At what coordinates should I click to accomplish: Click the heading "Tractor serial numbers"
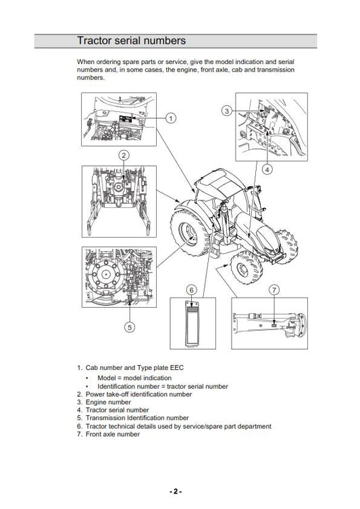pos(131,41)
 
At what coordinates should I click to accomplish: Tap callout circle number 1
pos(171,118)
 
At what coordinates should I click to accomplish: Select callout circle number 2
pos(124,155)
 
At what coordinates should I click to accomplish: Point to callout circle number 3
pos(227,111)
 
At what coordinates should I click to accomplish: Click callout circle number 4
pos(267,169)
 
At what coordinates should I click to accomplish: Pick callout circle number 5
pos(130,327)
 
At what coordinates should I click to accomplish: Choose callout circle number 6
pos(192,290)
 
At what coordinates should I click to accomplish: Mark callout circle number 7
pos(274,290)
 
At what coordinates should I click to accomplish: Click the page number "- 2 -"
pos(176,491)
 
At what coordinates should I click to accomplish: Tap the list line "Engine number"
pos(104,402)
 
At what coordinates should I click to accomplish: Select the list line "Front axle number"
pos(108,434)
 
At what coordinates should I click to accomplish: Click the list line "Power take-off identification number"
pos(134,394)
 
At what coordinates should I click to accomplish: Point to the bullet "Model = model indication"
pos(134,378)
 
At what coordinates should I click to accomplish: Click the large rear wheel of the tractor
pos(188,232)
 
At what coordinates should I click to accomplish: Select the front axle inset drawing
pos(269,323)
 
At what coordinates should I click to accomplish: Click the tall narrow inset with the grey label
pos(192,323)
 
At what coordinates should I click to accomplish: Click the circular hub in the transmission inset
pos(105,275)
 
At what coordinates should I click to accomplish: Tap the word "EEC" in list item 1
pos(177,368)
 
